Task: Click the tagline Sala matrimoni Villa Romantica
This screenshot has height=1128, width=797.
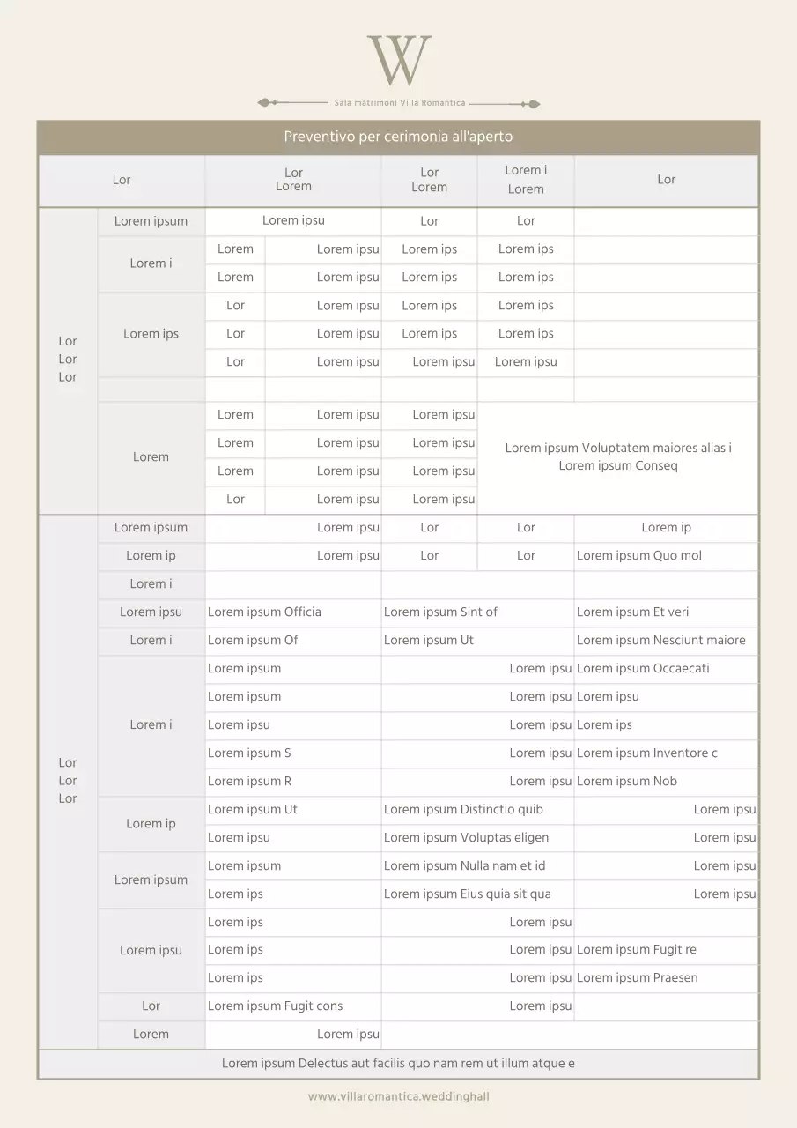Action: coord(400,103)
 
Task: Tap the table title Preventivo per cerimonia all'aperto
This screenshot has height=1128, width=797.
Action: coord(398,137)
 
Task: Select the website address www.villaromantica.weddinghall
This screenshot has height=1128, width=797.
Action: coord(398,1096)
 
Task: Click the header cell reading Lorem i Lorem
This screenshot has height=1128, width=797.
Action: coord(526,180)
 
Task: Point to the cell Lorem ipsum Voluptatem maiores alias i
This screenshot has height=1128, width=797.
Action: coord(617,456)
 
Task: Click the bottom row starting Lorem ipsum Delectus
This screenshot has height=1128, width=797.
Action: coord(398,1063)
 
